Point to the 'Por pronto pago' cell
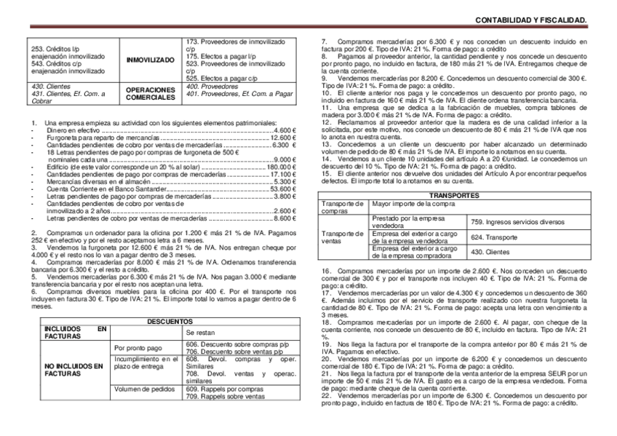tap(138, 348)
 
